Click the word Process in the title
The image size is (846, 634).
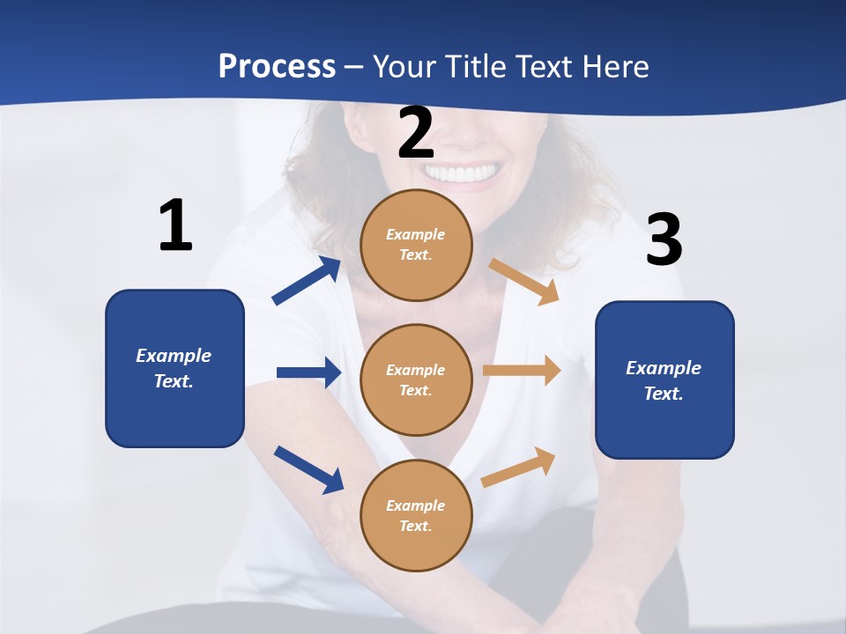click(277, 66)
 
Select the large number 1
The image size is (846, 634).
click(175, 226)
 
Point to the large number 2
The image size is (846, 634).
click(416, 133)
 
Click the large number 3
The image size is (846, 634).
click(664, 240)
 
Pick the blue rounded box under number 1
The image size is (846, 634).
click(174, 368)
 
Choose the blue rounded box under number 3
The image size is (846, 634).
click(664, 380)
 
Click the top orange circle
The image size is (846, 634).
click(416, 245)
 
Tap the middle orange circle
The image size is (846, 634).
click(416, 380)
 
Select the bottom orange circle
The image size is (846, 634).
click(416, 515)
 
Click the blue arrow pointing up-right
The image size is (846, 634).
click(307, 281)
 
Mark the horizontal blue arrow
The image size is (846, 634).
click(308, 372)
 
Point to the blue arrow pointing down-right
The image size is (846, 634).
click(308, 468)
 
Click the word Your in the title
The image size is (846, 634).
click(402, 66)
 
